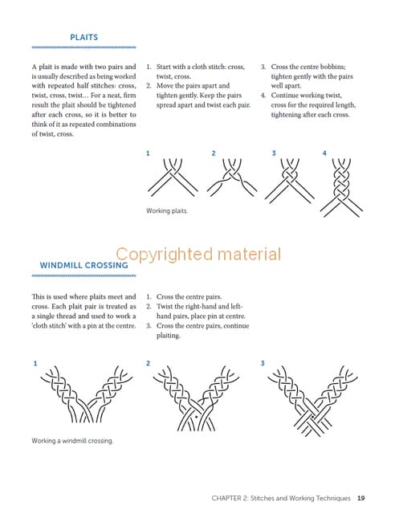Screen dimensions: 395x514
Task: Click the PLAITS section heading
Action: pyautogui.click(x=84, y=38)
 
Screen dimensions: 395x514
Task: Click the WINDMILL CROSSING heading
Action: pyautogui.click(x=84, y=265)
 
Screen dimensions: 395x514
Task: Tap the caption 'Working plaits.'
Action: pyautogui.click(x=167, y=210)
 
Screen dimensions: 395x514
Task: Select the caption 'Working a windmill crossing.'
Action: pyautogui.click(x=72, y=441)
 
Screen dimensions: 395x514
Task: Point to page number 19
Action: pyautogui.click(x=361, y=498)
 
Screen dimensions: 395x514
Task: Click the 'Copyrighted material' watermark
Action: pyautogui.click(x=198, y=254)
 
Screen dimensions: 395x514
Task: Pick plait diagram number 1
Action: pyautogui.click(x=173, y=177)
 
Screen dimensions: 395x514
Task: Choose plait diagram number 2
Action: pyautogui.click(x=232, y=177)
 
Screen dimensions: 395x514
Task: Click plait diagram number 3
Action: pyautogui.click(x=290, y=181)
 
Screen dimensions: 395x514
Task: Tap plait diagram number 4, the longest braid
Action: pyautogui.click(x=341, y=187)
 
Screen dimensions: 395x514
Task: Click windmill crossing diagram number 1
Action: pyautogui.click(x=87, y=394)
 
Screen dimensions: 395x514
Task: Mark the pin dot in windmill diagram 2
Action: pyautogui.click(x=196, y=418)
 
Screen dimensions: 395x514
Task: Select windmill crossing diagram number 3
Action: pyautogui.click(x=313, y=401)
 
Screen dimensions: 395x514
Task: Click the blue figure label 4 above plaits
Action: pyautogui.click(x=324, y=153)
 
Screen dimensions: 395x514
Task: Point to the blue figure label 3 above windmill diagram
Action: pyautogui.click(x=263, y=363)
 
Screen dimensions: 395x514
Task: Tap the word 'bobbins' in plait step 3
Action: pyautogui.click(x=332, y=67)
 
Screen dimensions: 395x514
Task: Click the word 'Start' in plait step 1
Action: pyautogui.click(x=163, y=67)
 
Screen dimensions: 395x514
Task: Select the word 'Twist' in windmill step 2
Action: pyautogui.click(x=164, y=307)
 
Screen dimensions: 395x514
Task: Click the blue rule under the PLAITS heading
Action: pyautogui.click(x=84, y=47)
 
